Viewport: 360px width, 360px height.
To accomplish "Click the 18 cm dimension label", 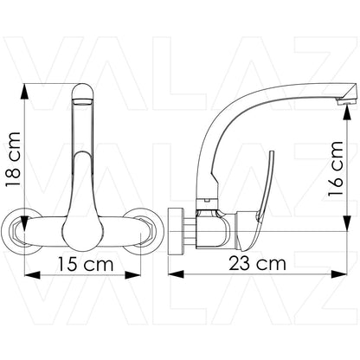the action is click(13, 160).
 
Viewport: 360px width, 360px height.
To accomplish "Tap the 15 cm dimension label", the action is click(86, 264).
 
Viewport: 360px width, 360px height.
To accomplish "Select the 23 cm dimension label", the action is click(257, 263).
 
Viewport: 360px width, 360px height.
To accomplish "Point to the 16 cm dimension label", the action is click(336, 169).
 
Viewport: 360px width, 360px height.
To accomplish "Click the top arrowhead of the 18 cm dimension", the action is click(25, 92).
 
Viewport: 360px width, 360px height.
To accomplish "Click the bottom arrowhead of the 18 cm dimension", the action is click(25, 223).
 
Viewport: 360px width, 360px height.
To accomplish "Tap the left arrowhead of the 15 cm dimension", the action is click(32, 274).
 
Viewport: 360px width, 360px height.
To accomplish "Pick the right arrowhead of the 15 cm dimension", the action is click(132, 274).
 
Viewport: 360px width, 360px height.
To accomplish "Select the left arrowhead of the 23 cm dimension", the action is click(176, 273).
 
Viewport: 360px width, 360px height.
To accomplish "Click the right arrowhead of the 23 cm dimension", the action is click(339, 273).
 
